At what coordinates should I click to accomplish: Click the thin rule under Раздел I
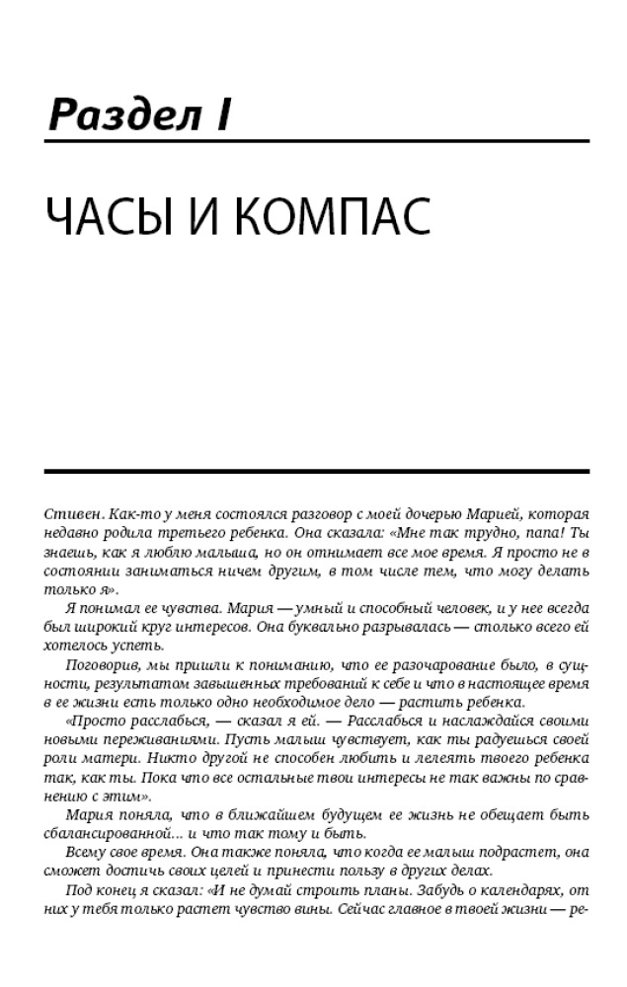click(316, 142)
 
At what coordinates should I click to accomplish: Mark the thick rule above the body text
click(316, 472)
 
